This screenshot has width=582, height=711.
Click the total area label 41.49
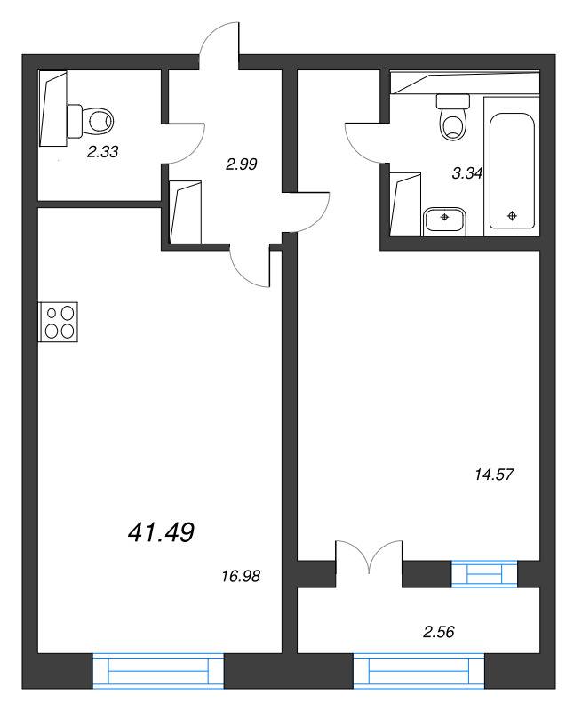point(162,532)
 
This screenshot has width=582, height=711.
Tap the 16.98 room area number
point(240,577)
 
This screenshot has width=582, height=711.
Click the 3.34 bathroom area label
point(466,174)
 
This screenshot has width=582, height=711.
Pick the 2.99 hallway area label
point(241,164)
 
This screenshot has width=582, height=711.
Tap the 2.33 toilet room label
point(103,152)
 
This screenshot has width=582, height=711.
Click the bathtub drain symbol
point(512,215)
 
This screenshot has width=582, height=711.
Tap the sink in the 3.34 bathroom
point(444,219)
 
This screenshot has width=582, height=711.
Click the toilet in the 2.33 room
point(92,117)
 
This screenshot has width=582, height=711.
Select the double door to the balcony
point(370,562)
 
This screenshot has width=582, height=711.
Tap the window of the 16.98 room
point(158,670)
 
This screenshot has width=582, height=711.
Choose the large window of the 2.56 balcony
point(419,670)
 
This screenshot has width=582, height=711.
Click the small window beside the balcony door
point(484,574)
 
